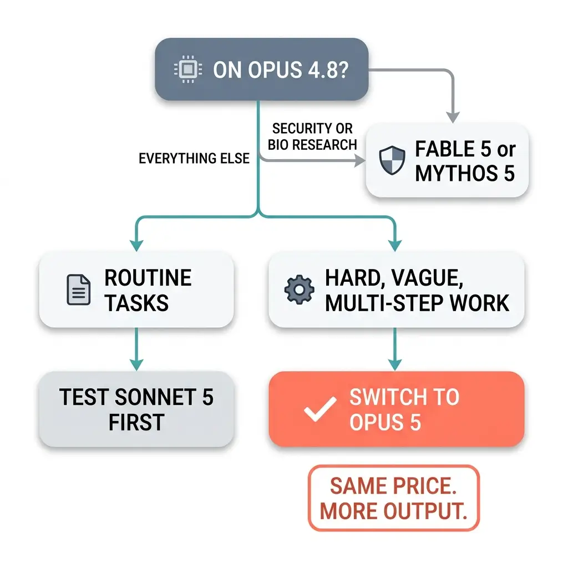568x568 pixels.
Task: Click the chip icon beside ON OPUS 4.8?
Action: [188, 69]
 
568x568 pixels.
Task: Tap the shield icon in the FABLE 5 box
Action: [392, 160]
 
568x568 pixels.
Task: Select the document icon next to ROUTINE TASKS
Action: [79, 290]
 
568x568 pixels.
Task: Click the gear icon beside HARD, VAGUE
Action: [299, 290]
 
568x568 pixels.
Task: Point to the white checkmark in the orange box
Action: [320, 409]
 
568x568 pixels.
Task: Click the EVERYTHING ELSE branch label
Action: [194, 158]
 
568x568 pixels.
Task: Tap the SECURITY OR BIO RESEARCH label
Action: [312, 136]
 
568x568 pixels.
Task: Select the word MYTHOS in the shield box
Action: [457, 173]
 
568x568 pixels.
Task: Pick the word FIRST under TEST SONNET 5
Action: [136, 422]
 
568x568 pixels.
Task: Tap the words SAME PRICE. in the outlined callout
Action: [393, 486]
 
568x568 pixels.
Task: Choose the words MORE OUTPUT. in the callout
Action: [394, 511]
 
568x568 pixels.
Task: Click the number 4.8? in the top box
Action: [328, 69]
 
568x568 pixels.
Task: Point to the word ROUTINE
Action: [148, 278]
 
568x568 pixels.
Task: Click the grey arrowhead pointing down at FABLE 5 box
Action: [453, 118]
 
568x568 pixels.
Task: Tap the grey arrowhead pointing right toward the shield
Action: [359, 160]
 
